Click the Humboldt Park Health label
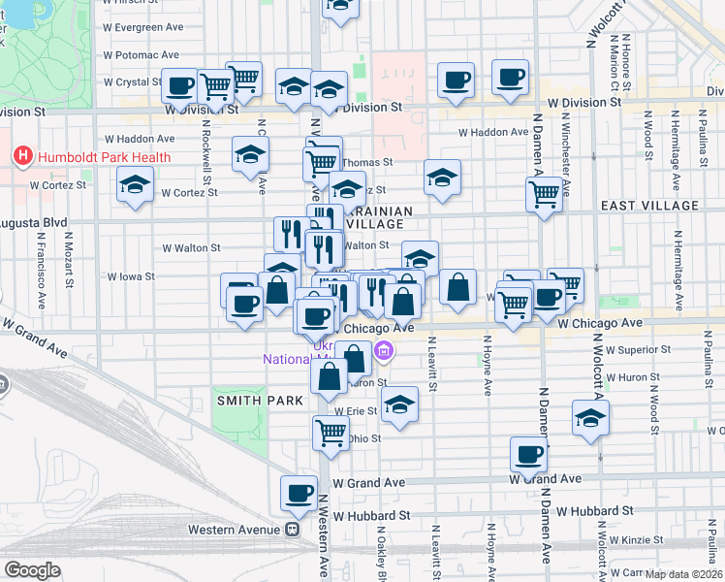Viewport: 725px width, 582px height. point(105,157)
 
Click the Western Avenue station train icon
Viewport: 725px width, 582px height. point(291,530)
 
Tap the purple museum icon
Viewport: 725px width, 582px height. point(385,350)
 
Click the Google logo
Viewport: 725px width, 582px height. point(32,570)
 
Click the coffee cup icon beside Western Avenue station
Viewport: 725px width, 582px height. point(299,493)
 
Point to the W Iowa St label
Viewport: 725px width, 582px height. point(131,276)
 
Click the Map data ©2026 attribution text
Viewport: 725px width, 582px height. point(682,574)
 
